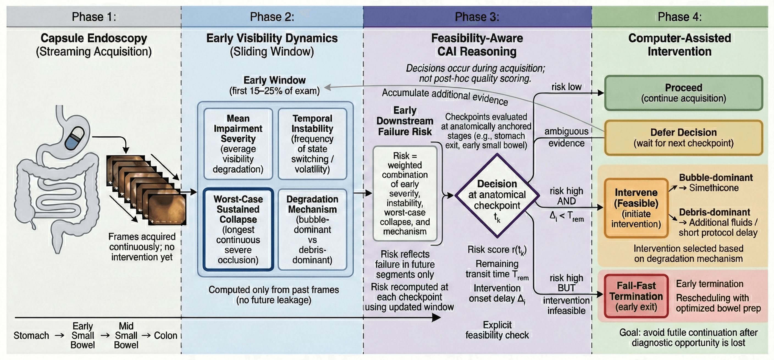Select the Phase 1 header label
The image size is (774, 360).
[94, 17]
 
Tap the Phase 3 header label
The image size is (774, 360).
[477, 17]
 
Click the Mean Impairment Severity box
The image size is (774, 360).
[238, 144]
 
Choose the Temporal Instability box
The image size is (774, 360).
[312, 144]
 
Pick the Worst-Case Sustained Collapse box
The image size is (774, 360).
[238, 229]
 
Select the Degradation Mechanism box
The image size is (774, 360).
[312, 229]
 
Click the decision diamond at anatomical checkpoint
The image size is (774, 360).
[497, 196]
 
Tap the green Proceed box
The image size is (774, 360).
[683, 93]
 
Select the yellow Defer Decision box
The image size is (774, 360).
[683, 138]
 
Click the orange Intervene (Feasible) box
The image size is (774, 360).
[636, 208]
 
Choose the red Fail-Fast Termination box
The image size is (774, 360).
[636, 296]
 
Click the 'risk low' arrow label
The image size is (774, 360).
[566, 87]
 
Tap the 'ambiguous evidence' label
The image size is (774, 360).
[566, 137]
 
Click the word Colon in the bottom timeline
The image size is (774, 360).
[165, 335]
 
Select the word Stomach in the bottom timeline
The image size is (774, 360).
[31, 335]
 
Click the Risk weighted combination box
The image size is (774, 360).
[405, 193]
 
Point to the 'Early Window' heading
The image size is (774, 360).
[274, 80]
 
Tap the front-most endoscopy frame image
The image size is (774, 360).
[167, 209]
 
